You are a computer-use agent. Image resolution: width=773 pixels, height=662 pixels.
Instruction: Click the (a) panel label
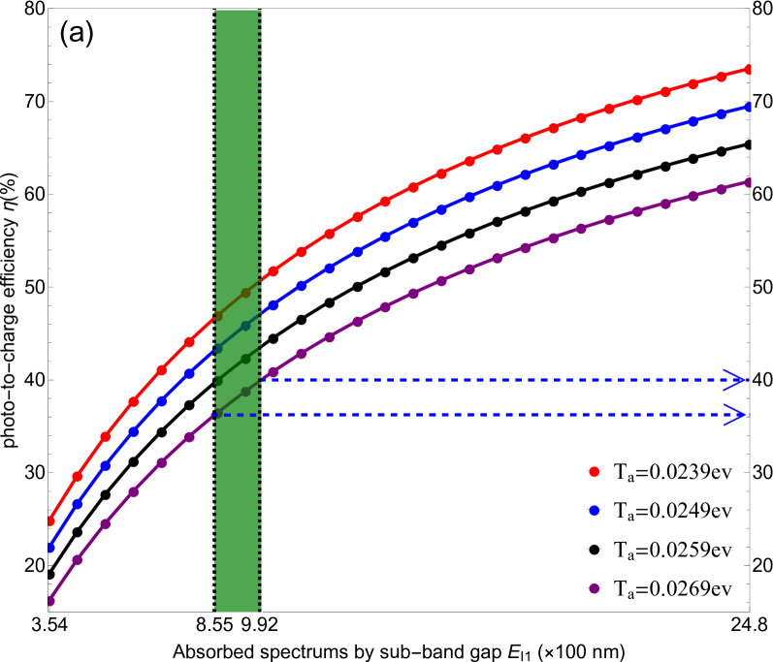coord(77,33)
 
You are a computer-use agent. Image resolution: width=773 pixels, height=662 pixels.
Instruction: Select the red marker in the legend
coord(594,471)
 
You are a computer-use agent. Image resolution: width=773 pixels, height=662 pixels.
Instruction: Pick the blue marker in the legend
coord(594,510)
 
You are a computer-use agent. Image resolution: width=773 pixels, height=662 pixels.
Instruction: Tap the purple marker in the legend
coord(594,588)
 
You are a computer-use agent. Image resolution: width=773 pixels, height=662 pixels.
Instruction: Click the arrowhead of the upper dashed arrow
coord(736,379)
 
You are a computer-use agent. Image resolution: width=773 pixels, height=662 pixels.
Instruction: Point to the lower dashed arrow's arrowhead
coord(736,415)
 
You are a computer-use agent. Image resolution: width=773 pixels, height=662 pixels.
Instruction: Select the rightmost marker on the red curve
coord(749,69)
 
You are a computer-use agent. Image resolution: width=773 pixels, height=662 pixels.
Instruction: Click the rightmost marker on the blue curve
coord(749,107)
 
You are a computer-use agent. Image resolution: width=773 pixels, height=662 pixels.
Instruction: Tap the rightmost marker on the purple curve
coord(749,182)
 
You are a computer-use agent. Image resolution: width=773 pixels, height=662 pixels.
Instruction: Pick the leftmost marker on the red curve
coord(50,520)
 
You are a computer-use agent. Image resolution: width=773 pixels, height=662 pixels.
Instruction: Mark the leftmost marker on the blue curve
coord(50,548)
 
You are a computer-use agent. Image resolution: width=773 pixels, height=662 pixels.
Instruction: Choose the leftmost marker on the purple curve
coord(50,601)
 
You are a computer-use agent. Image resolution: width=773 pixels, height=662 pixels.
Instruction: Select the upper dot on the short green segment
coord(245,359)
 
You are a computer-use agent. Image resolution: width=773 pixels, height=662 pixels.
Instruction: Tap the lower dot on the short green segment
coord(218,381)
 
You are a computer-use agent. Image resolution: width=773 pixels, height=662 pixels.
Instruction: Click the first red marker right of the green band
coord(274,271)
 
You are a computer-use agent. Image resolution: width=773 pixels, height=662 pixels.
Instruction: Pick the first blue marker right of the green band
coord(274,305)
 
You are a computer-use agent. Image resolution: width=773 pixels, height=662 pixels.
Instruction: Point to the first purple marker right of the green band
coord(274,371)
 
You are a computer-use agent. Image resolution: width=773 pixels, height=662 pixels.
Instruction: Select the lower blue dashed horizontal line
coord(485,415)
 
